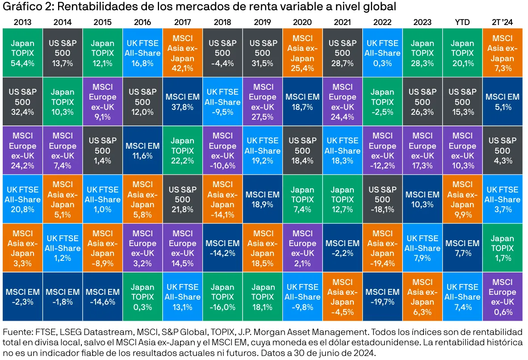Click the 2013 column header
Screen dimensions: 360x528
[x=22, y=22]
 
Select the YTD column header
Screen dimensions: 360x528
[x=462, y=22]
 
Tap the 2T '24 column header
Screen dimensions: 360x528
[x=503, y=22]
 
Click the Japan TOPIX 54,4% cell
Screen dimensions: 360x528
[x=22, y=53]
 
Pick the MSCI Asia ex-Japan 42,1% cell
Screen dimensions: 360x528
[x=182, y=53]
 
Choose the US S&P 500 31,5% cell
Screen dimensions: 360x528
[x=262, y=53]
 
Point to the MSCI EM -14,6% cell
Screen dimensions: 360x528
[x=102, y=297]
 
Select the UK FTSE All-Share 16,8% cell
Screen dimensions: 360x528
[x=142, y=53]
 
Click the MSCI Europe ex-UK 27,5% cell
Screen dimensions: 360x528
[x=262, y=102]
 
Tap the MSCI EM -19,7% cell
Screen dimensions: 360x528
[x=382, y=297]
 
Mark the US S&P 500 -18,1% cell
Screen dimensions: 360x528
[x=382, y=199]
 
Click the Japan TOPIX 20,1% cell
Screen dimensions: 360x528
[x=462, y=53]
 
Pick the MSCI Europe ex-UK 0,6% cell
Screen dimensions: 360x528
[x=503, y=297]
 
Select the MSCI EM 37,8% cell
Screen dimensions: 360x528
[x=182, y=102]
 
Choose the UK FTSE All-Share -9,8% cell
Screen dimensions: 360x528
[x=302, y=297]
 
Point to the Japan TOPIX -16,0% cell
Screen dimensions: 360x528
[x=222, y=297]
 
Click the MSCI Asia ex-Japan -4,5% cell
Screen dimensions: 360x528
[x=342, y=297]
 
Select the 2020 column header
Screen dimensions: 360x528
[x=302, y=22]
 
